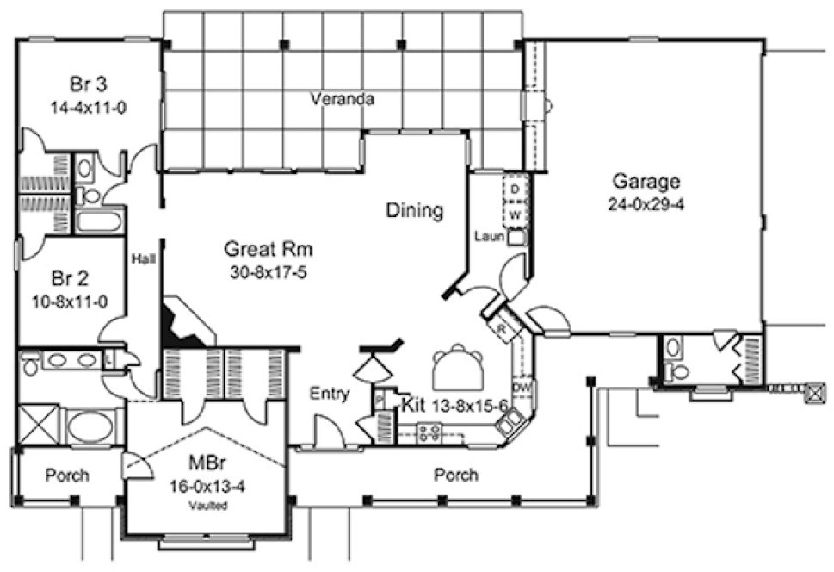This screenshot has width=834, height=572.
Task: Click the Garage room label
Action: [646, 182]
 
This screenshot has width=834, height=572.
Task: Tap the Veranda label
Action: [342, 99]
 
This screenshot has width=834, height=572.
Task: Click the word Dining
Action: [414, 210]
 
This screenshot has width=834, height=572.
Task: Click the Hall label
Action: [142, 258]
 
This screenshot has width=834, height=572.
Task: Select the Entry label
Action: [330, 395]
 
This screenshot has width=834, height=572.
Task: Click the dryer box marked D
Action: [515, 188]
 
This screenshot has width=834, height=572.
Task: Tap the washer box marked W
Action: [515, 212]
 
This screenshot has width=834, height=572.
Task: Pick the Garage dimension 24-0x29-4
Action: [646, 205]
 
